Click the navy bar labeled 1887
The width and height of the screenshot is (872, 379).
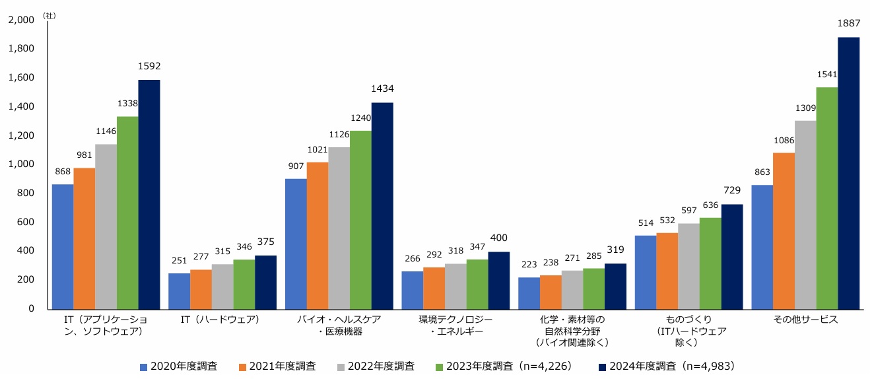848,173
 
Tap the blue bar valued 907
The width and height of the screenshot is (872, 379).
296,244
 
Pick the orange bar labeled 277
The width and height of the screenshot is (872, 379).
201,289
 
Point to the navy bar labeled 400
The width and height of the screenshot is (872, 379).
499,281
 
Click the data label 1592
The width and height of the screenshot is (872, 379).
149,67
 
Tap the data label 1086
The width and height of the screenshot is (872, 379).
784,140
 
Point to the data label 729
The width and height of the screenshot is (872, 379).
732,191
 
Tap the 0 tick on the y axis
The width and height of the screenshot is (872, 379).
31,309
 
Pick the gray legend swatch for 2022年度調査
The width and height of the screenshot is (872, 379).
341,366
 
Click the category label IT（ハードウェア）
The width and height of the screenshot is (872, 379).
220,320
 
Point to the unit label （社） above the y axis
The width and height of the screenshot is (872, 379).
50,15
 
